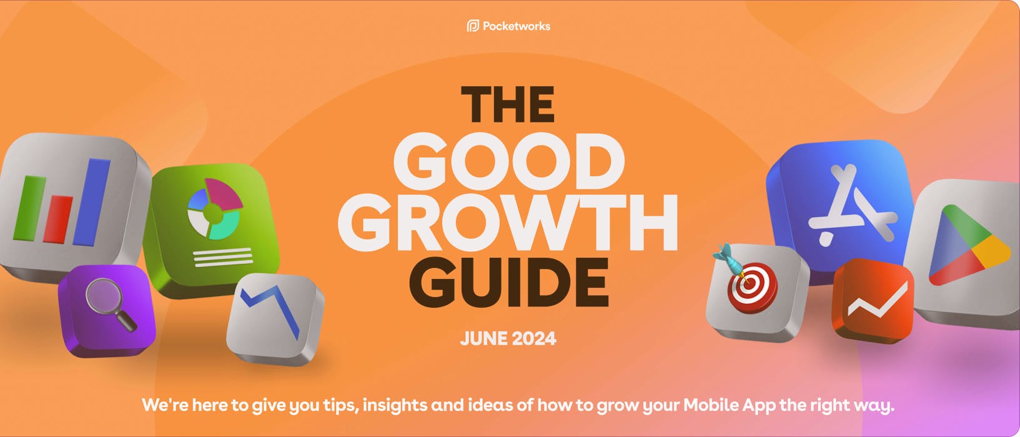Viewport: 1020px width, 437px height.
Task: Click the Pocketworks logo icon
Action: pos(473,26)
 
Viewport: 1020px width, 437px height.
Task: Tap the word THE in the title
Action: pos(507,104)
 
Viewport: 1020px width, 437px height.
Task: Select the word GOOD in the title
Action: pos(508,162)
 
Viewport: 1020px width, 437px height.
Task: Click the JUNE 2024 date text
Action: pos(508,339)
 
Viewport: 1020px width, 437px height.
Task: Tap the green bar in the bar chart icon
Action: pos(33,207)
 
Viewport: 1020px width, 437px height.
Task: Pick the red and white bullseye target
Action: pos(753,288)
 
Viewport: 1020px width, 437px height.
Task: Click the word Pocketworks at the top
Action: pos(517,26)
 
